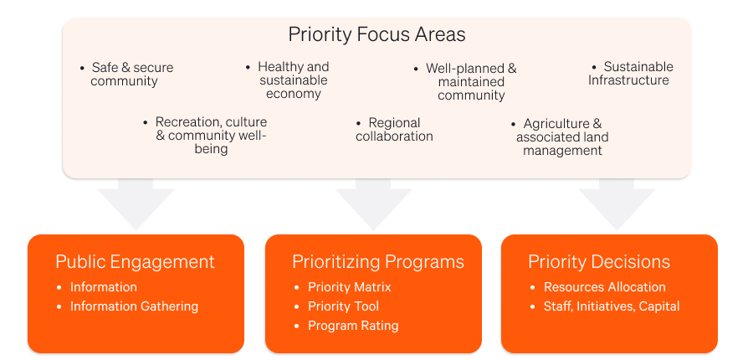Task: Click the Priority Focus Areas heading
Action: click(x=376, y=35)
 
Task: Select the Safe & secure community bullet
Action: click(x=127, y=74)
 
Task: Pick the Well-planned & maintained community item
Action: click(x=467, y=82)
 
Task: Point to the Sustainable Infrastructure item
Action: click(x=630, y=73)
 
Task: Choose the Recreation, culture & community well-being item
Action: click(x=207, y=135)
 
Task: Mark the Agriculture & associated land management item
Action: click(x=560, y=137)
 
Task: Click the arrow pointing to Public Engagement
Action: click(x=136, y=203)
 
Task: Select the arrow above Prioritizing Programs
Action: click(x=374, y=203)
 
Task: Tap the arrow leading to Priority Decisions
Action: click(x=617, y=203)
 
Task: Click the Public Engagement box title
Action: click(x=135, y=262)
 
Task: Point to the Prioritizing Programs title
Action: click(x=378, y=262)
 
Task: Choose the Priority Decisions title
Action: click(x=599, y=262)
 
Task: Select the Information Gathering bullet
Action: click(x=128, y=306)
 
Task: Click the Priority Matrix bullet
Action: click(x=344, y=287)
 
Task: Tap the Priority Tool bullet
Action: click(x=338, y=306)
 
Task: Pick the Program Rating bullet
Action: click(x=347, y=326)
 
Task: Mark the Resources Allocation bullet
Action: click(x=598, y=287)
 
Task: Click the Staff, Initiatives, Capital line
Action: click(x=606, y=306)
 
